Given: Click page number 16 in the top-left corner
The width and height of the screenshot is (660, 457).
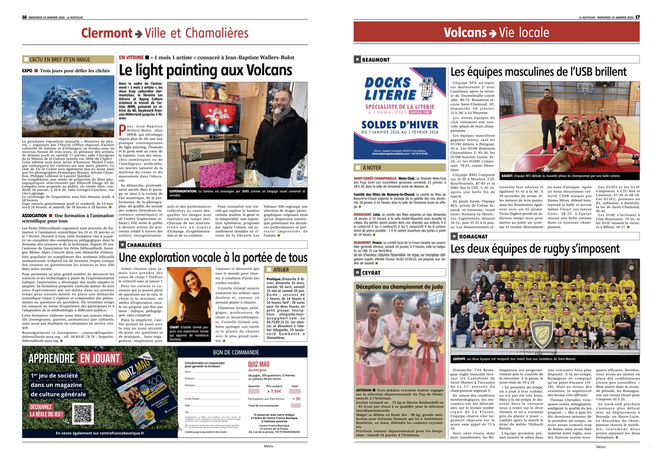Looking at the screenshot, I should click(x=25, y=17).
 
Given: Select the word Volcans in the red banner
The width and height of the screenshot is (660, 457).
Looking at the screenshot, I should click(x=465, y=33).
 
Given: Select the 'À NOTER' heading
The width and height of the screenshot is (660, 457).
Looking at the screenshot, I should click(x=371, y=167).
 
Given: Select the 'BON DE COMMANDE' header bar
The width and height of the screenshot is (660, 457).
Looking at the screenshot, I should click(x=241, y=352).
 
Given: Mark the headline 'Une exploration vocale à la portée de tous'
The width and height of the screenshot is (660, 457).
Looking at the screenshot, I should click(x=213, y=257).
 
